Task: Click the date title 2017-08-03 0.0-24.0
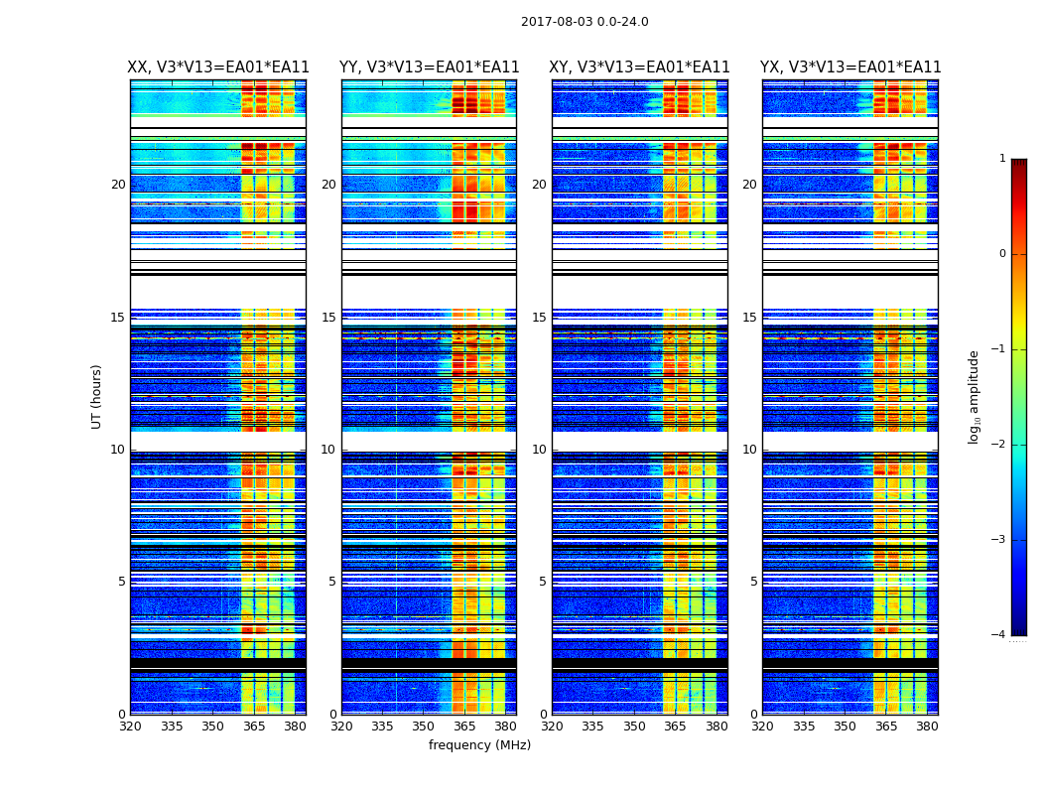[585, 22]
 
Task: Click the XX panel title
[218, 67]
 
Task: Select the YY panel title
[429, 67]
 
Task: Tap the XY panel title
[640, 67]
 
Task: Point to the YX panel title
[850, 67]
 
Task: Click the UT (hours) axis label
[97, 396]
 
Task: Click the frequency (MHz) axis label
[479, 745]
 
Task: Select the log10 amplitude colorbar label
[975, 396]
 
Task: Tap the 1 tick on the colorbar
[1001, 159]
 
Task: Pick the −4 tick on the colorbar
[999, 635]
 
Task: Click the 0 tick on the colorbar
[1001, 254]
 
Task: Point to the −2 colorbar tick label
[999, 445]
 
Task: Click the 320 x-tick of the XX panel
[130, 727]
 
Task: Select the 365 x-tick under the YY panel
[464, 727]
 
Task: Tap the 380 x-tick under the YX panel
[927, 727]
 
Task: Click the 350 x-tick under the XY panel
[634, 727]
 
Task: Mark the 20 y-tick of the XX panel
[118, 185]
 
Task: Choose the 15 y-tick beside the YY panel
[328, 318]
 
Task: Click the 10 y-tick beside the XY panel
[539, 450]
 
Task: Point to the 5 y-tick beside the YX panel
[753, 582]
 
